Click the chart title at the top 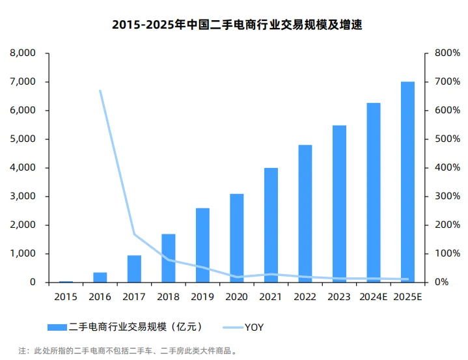(x=233, y=25)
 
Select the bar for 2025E (x=407, y=182)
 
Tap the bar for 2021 (x=271, y=225)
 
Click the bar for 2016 (x=100, y=277)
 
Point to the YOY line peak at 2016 (x=100, y=90)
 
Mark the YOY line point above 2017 (x=134, y=234)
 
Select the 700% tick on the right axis (x=447, y=82)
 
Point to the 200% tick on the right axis (x=447, y=225)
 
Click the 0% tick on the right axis (x=443, y=283)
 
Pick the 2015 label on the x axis (x=66, y=297)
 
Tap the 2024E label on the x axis (x=373, y=297)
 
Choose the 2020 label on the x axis (x=236, y=297)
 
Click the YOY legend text (x=254, y=327)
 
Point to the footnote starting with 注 (x=128, y=351)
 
